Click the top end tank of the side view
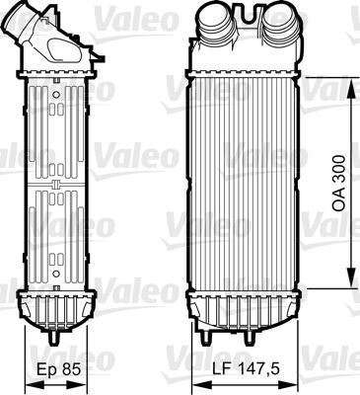pyautogui.click(x=54, y=64)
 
